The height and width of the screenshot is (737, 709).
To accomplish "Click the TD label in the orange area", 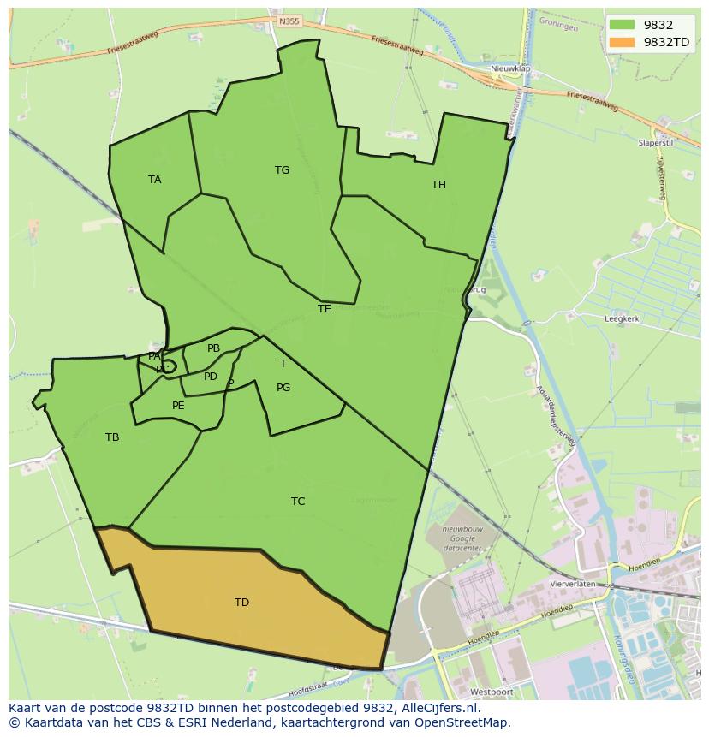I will tap(241, 603).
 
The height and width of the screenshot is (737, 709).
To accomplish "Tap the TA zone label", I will tap(154, 180).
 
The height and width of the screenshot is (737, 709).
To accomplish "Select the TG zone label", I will tap(282, 170).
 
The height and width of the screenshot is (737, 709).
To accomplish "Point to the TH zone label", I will tap(438, 185).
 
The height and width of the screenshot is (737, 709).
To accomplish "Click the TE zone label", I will tap(324, 309).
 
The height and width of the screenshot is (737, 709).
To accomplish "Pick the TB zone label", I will tap(112, 437).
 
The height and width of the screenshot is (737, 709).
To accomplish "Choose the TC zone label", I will tap(298, 502).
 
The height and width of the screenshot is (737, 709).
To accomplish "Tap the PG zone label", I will tap(283, 388).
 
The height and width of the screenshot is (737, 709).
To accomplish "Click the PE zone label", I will tap(178, 406).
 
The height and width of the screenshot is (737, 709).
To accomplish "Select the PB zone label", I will tap(213, 348).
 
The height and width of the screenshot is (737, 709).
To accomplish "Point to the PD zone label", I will tap(211, 377).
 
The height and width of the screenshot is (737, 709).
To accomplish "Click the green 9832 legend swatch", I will tap(623, 25).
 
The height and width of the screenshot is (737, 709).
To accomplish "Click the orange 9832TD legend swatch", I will tap(623, 42).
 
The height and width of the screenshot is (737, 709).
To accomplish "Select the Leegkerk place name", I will tap(622, 318).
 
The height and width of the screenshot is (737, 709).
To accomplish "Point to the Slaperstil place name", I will tap(657, 143).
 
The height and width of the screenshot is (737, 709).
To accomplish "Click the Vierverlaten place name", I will tap(573, 583).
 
